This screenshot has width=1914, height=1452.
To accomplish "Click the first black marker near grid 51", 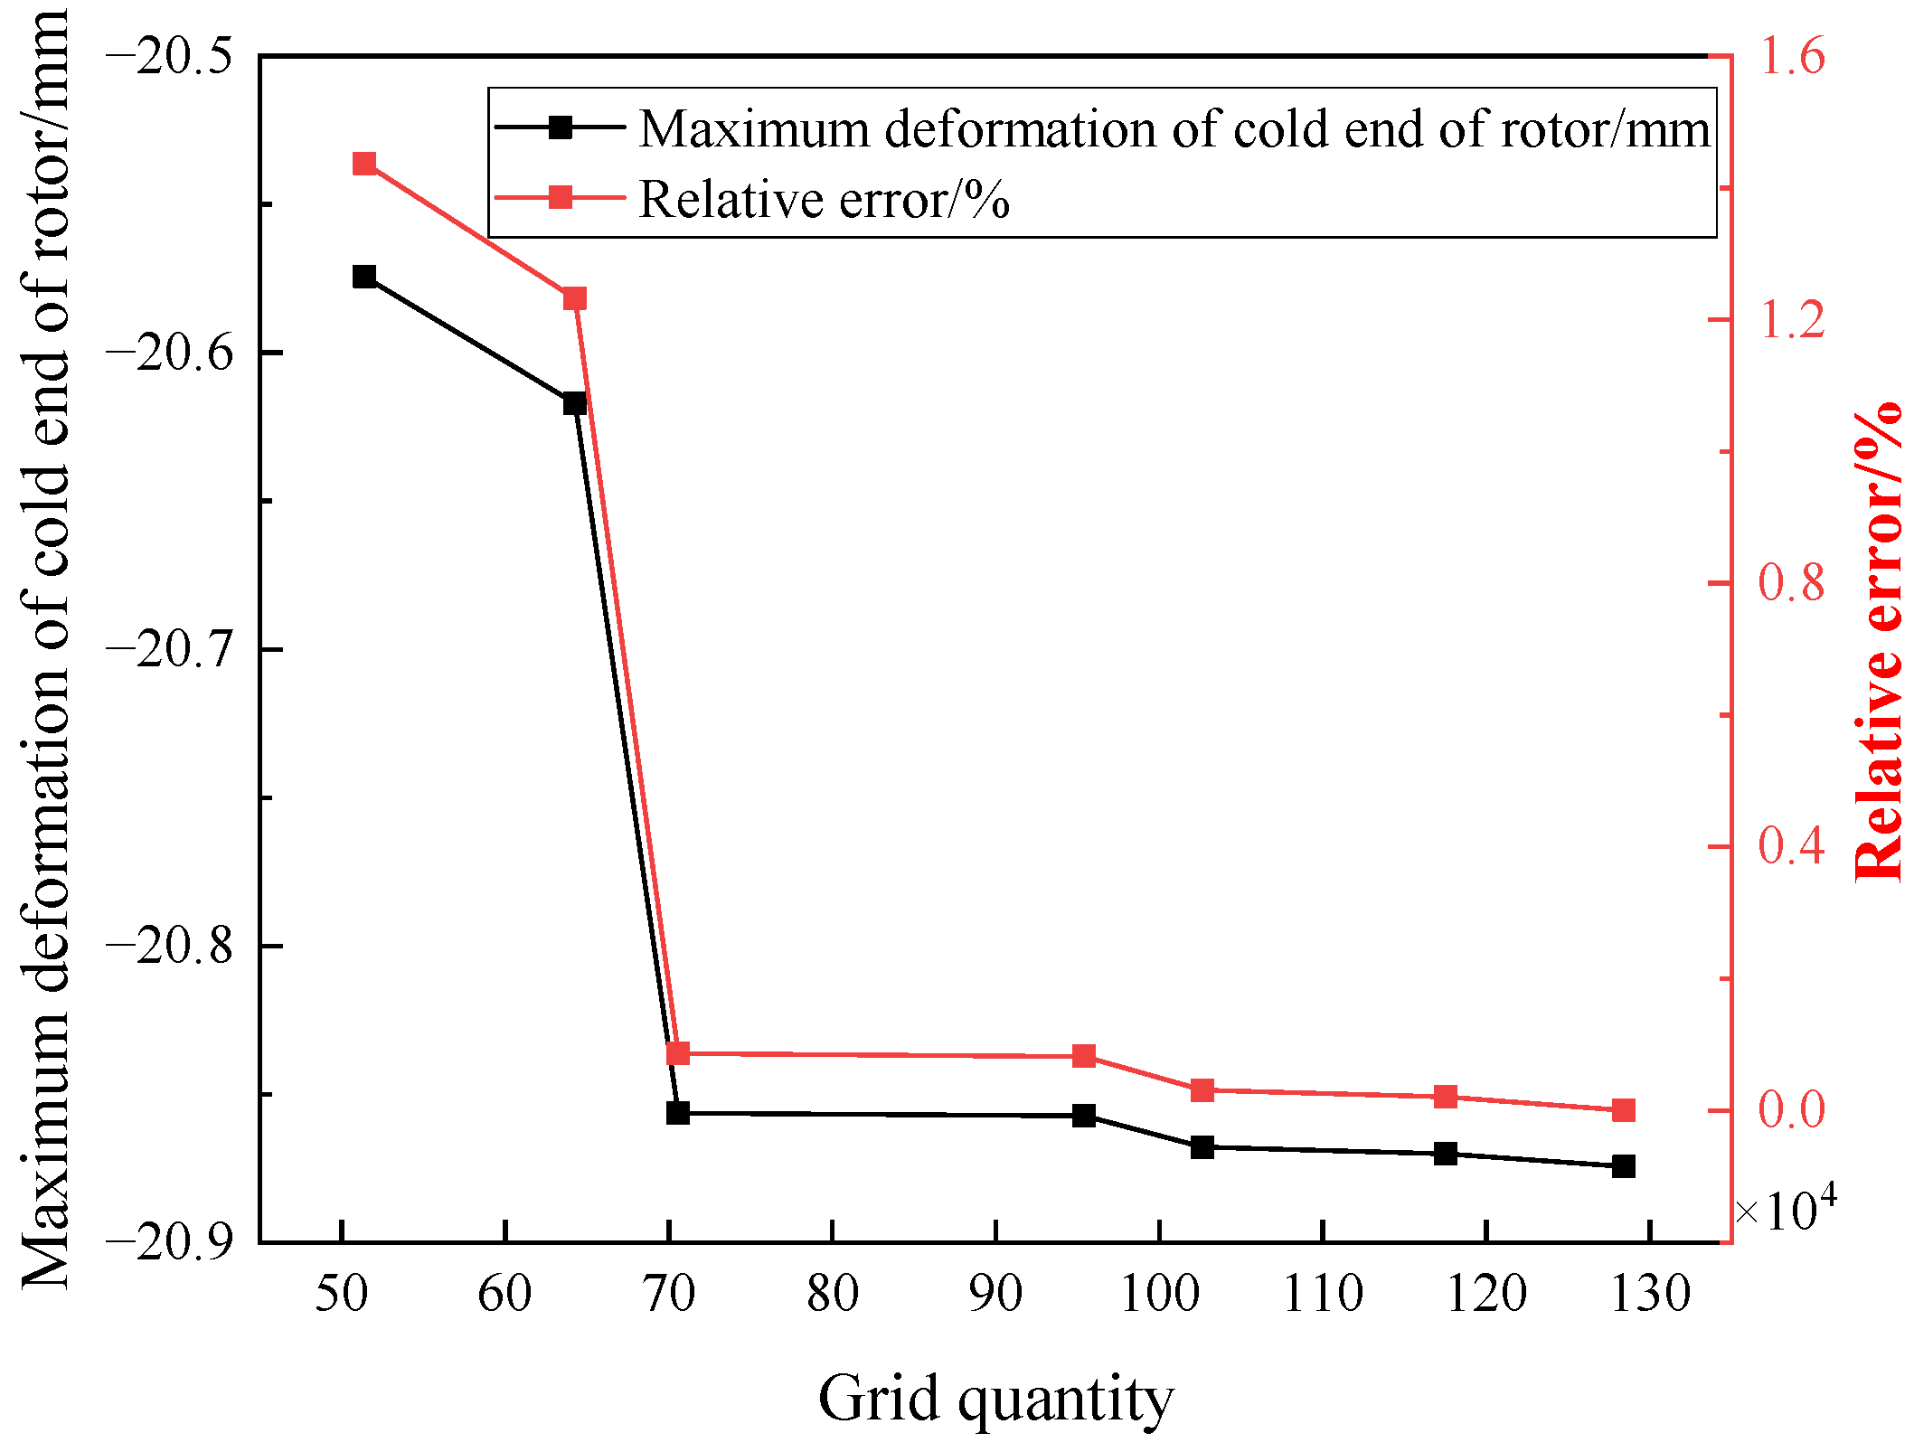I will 364,277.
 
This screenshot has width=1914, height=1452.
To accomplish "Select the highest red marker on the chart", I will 364,164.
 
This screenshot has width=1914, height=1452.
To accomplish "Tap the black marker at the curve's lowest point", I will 1624,1166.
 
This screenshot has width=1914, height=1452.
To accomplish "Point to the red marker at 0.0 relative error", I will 1624,1110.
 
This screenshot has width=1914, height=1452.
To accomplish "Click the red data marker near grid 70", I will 678,1053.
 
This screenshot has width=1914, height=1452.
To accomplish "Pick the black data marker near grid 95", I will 1084,1116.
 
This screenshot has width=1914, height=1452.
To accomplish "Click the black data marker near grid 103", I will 1202,1147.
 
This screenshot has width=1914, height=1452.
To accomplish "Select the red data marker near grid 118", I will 1446,1097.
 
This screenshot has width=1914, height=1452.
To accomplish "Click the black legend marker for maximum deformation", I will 561,127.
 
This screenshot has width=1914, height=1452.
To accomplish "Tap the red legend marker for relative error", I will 561,197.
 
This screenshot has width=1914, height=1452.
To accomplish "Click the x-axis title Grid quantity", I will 995,1397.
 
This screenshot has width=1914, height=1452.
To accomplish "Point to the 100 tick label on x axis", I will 1159,1294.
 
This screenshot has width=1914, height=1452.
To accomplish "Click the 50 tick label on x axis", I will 341,1294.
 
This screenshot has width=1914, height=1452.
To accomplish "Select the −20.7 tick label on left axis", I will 170,650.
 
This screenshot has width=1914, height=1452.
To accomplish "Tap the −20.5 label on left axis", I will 170,57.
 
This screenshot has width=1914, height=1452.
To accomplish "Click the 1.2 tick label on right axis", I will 1791,319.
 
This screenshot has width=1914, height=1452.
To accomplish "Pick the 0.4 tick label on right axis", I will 1791,846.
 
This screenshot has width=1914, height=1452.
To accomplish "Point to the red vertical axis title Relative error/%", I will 1879,642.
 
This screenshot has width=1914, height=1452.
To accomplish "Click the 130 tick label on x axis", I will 1651,1294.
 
